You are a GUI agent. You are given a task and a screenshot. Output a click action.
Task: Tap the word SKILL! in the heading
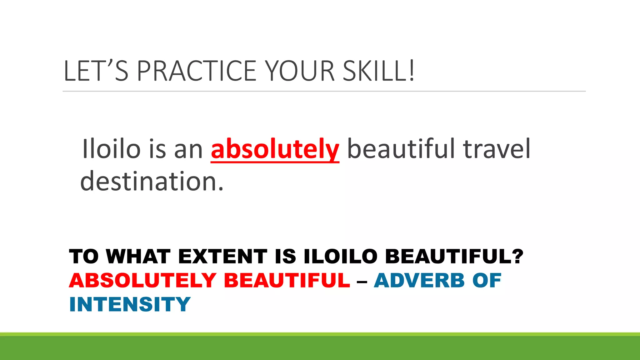pyautogui.click(x=379, y=71)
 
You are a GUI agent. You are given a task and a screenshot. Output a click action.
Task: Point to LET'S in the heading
pyautogui.click(x=96, y=71)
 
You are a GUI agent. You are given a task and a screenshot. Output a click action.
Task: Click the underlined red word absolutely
pyautogui.click(x=275, y=149)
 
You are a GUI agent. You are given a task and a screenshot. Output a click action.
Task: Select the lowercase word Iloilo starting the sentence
pyautogui.click(x=111, y=149)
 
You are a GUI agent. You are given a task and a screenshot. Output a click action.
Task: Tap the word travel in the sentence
pyautogui.click(x=497, y=149)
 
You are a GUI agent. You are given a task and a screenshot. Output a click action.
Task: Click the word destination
pyautogui.click(x=149, y=181)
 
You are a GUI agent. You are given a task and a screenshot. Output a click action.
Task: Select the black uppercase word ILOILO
pyautogui.click(x=341, y=257)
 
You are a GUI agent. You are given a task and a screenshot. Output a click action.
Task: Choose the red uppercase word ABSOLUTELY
pyautogui.click(x=143, y=280)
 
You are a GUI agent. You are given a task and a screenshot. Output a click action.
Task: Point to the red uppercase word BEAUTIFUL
pyautogui.click(x=287, y=280)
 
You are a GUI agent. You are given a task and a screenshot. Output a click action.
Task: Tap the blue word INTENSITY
pyautogui.click(x=130, y=304)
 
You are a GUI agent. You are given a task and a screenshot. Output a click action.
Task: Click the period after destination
pyautogui.click(x=221, y=189)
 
